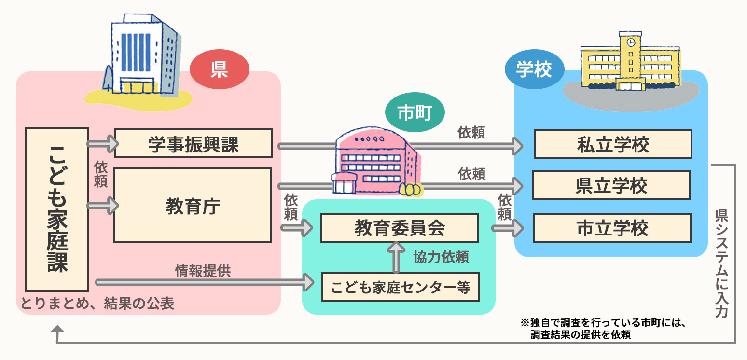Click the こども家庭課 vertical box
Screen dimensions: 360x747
tap(57, 209)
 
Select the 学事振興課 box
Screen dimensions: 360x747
tap(194, 143)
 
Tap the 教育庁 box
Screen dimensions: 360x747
tap(193, 205)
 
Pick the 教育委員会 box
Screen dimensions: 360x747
tap(400, 228)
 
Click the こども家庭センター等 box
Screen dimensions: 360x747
tap(401, 287)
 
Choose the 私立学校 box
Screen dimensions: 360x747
tap(613, 144)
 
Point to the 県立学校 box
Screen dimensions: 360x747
tap(611, 185)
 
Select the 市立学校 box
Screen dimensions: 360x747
tap(612, 228)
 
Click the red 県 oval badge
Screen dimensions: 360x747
tap(219, 70)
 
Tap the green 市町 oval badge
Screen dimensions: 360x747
tap(415, 112)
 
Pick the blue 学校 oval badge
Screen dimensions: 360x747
tap(534, 71)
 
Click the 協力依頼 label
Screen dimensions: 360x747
tap(441, 257)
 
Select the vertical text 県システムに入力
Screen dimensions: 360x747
tap(721, 263)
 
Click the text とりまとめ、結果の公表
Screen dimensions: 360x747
tap(97, 304)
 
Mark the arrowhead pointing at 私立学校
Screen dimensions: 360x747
tap(518, 145)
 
